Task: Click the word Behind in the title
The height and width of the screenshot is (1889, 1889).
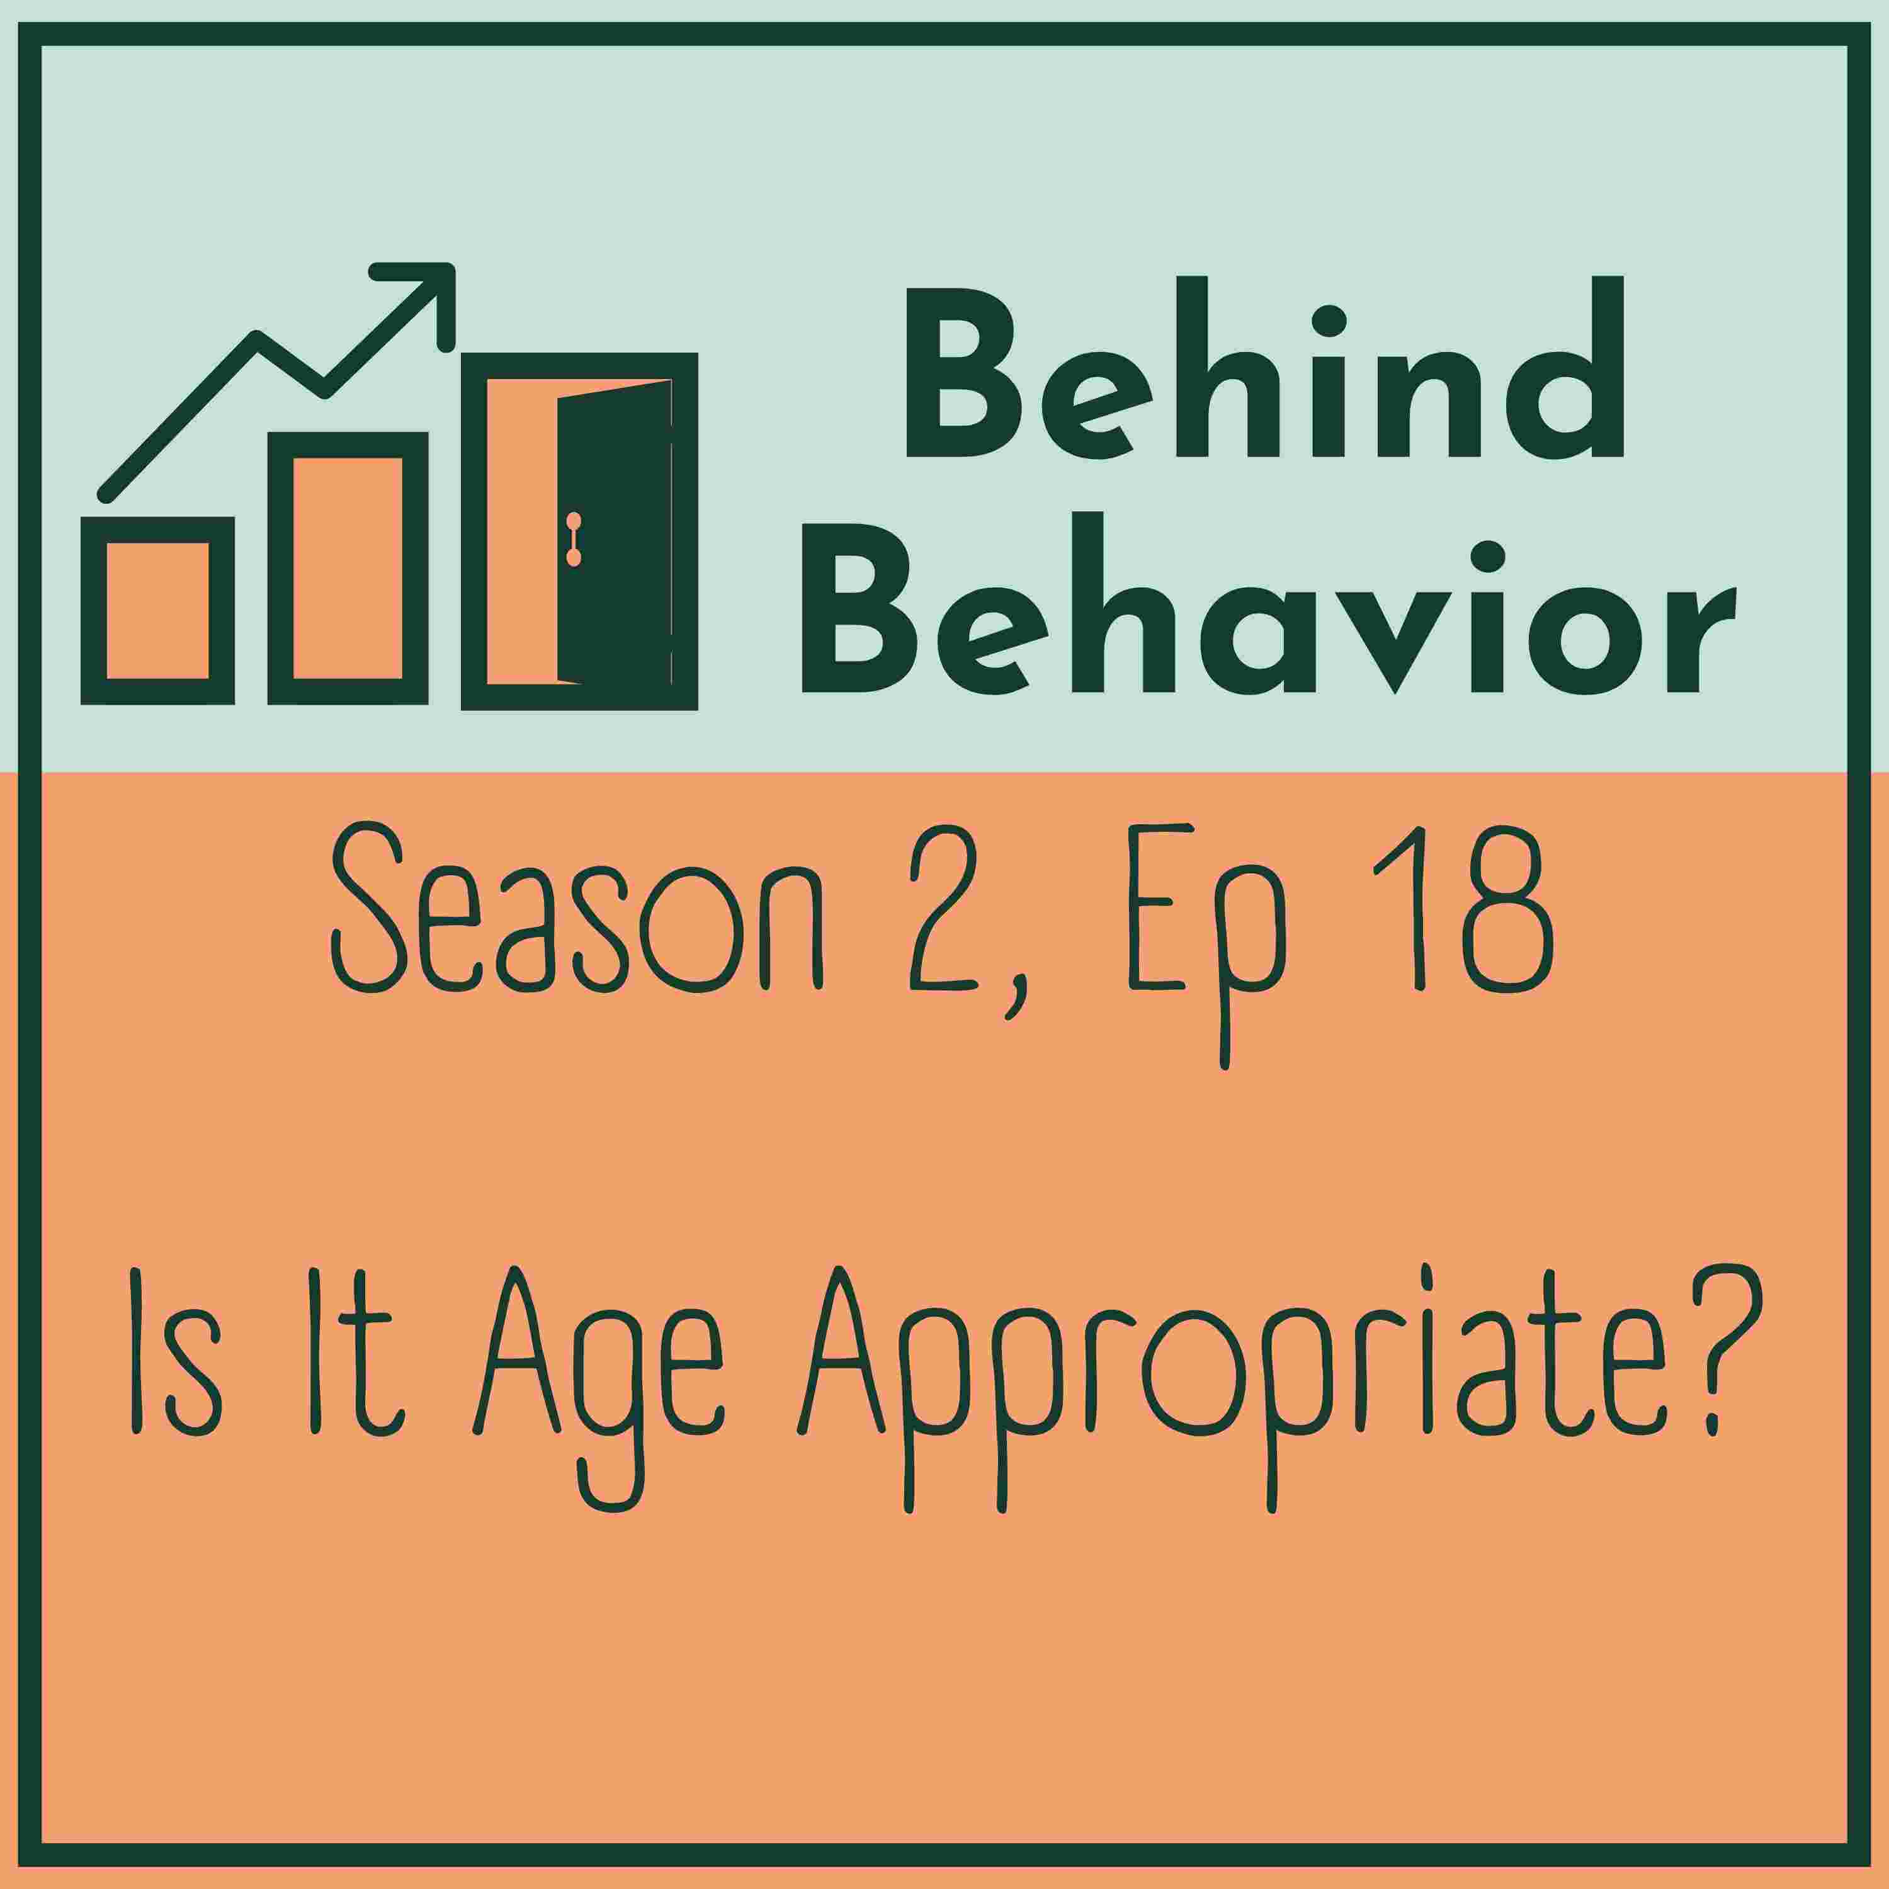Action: click(x=1265, y=366)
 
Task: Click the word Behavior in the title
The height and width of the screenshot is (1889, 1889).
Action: click(x=1268, y=603)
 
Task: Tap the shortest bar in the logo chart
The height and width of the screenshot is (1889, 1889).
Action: click(x=157, y=610)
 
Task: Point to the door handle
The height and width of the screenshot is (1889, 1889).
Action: click(x=574, y=539)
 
